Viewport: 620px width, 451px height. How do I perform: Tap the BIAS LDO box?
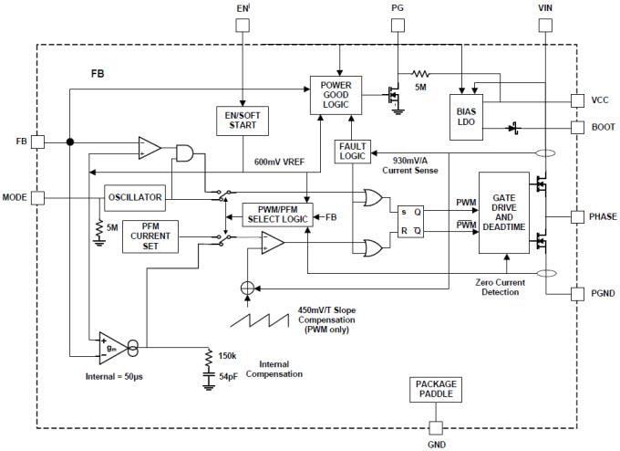pyautogui.click(x=466, y=116)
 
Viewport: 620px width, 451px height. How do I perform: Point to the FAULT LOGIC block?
pyautogui.click(x=352, y=152)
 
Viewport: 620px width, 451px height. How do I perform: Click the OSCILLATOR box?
pyautogui.click(x=134, y=197)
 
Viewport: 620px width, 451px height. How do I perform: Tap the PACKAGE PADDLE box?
pyautogui.click(x=435, y=391)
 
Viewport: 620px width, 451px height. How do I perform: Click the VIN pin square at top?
pyautogui.click(x=546, y=25)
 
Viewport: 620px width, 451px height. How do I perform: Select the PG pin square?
pyautogui.click(x=397, y=25)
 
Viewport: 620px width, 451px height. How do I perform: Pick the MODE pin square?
pyautogui.click(x=37, y=197)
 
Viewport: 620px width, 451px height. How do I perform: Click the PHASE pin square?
pyautogui.click(x=577, y=217)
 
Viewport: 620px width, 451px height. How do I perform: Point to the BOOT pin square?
pyautogui.click(x=577, y=127)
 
